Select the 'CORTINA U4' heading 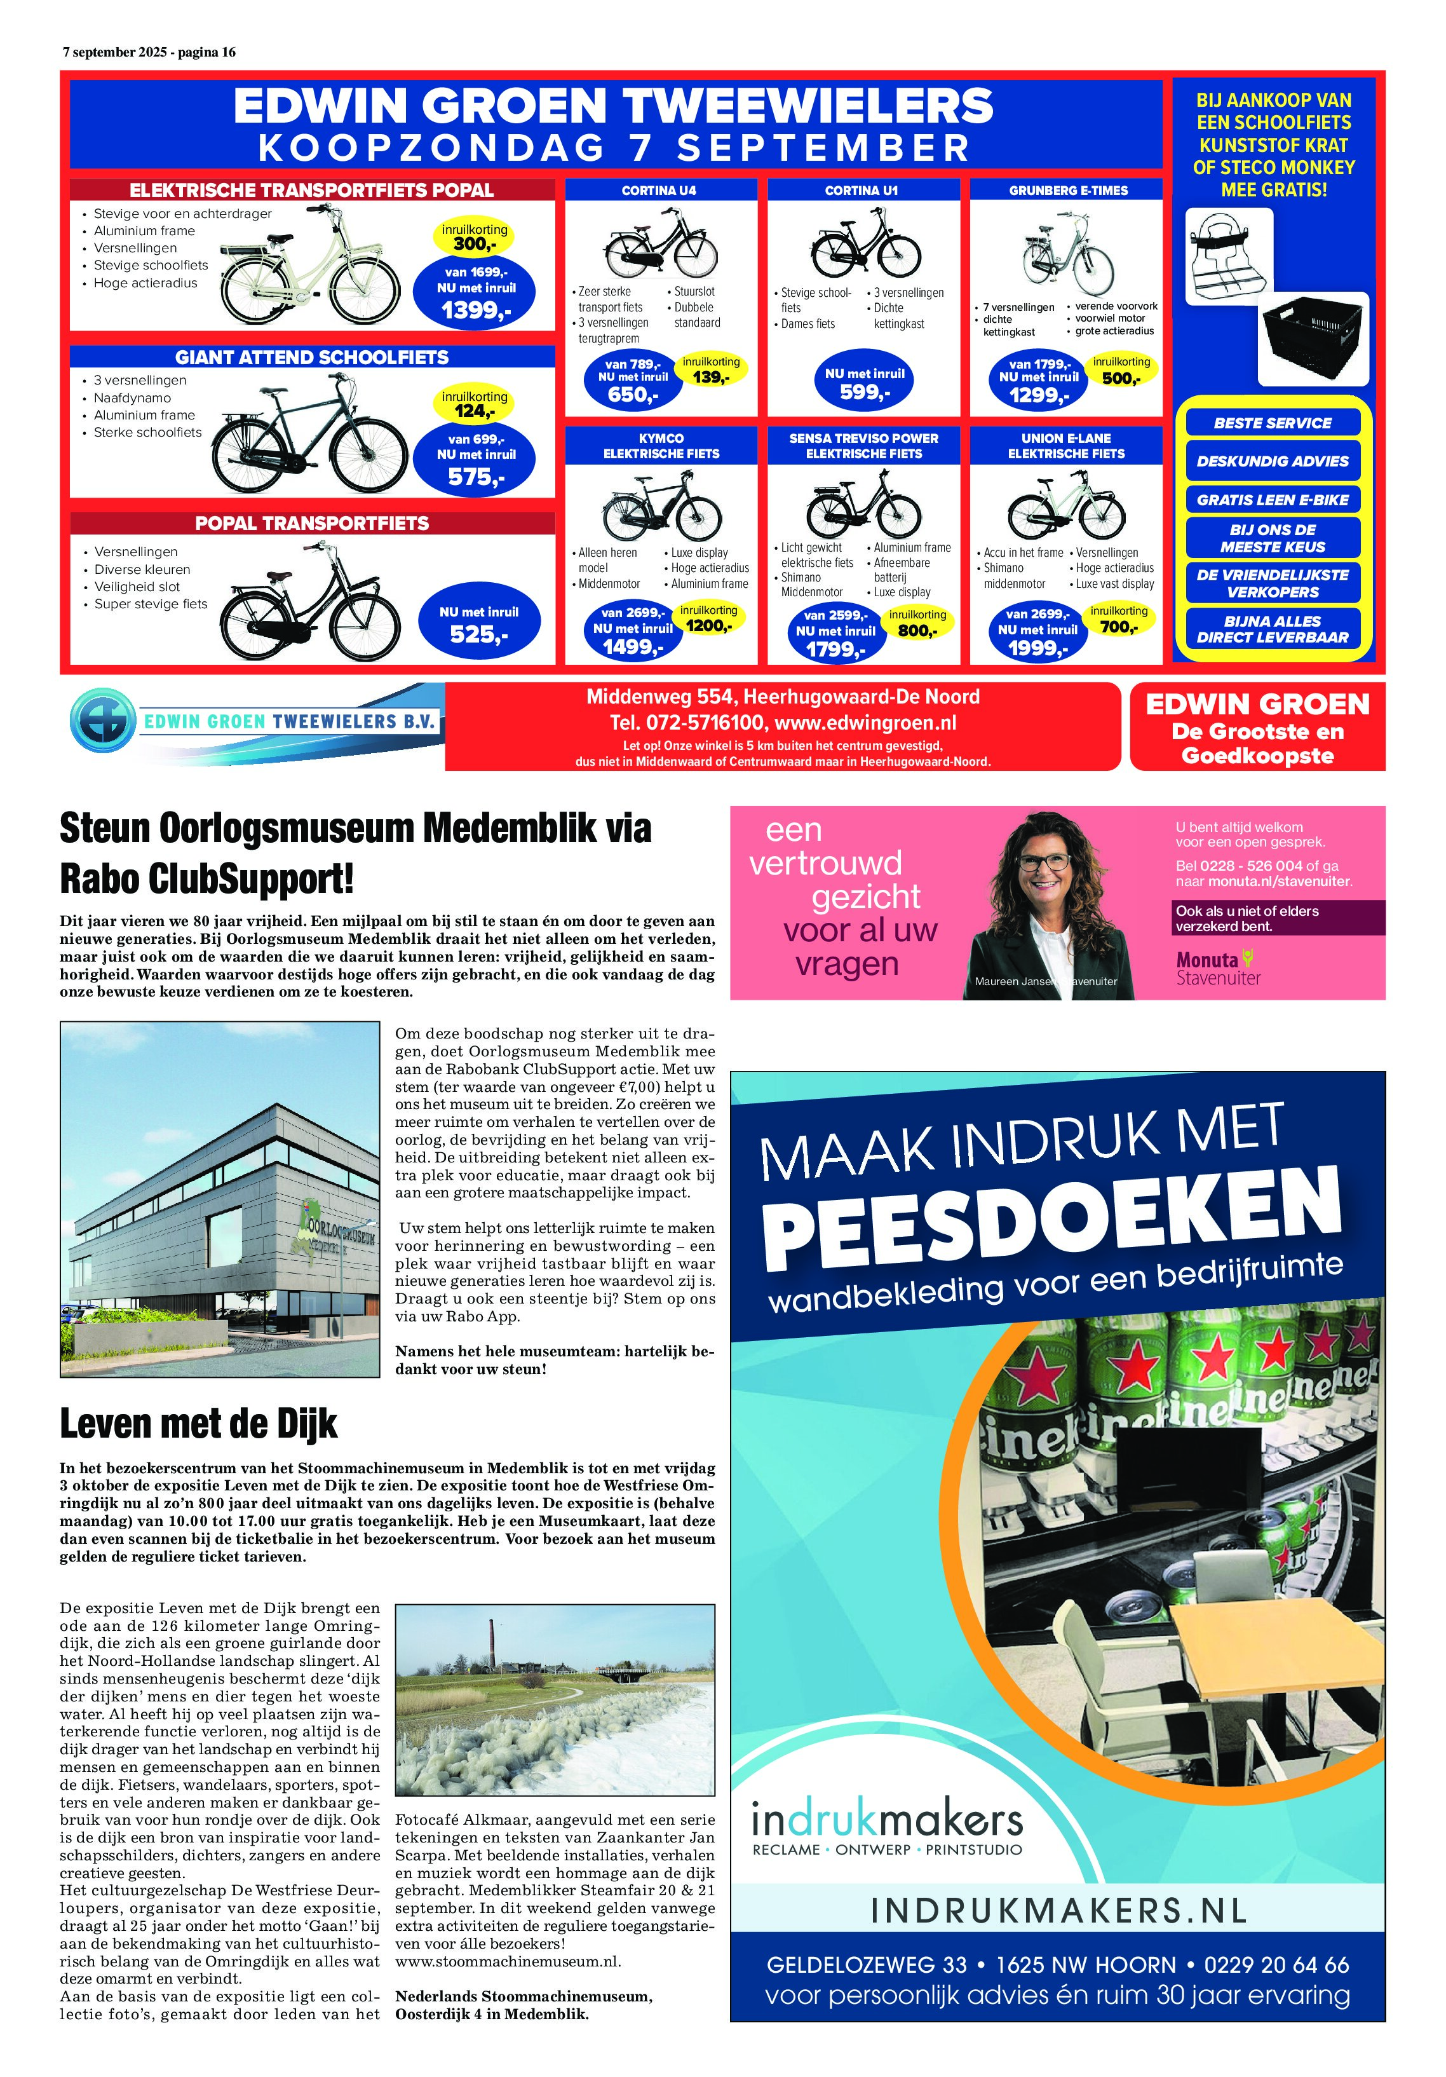pos(659,191)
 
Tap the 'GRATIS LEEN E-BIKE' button pos(1273,500)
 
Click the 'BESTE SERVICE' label pos(1273,423)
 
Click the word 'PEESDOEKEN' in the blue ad pos(1051,1216)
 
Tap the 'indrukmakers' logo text pos(887,1818)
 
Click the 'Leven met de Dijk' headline pos(198,1424)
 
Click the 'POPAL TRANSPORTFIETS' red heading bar pos(312,524)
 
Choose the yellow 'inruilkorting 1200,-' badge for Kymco pos(709,619)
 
